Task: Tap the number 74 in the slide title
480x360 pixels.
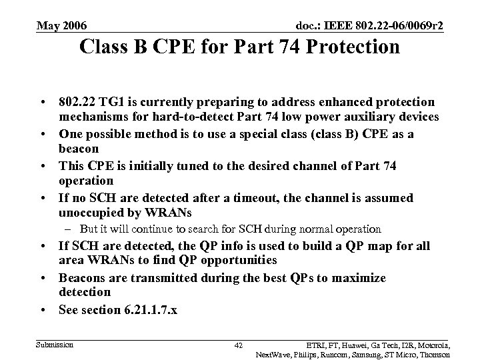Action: click(x=277, y=47)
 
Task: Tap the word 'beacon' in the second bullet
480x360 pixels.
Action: click(x=79, y=149)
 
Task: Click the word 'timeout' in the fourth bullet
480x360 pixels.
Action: click(x=265, y=198)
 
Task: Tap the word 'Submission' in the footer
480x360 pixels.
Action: click(x=55, y=344)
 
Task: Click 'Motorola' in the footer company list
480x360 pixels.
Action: click(x=433, y=345)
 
